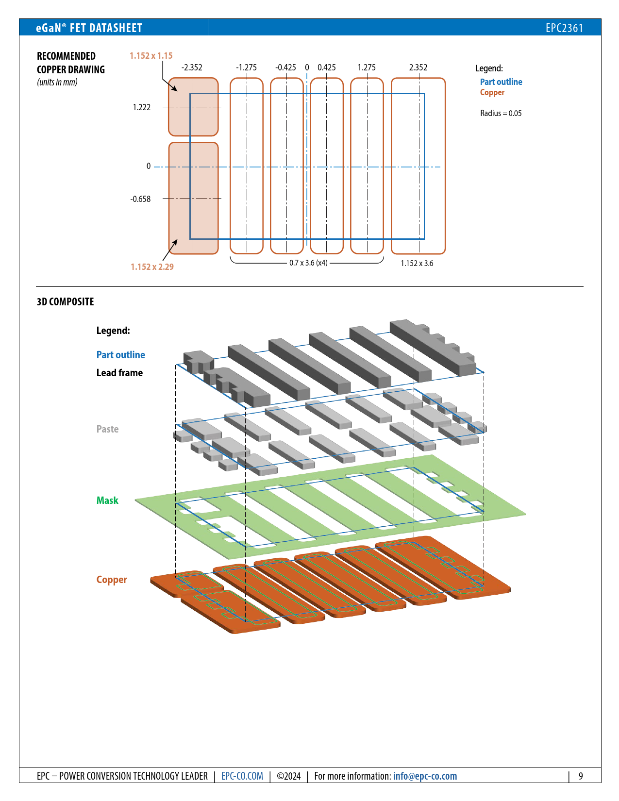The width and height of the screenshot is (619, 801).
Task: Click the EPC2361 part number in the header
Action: coord(564,28)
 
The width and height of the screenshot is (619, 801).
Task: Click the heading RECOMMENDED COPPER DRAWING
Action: coord(71,63)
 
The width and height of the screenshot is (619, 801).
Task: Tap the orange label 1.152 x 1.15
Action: coord(151,56)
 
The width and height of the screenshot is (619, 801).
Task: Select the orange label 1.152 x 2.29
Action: coord(152,267)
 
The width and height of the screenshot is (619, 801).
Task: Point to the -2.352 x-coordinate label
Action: coord(192,67)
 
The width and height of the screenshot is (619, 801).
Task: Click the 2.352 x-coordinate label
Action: coord(418,67)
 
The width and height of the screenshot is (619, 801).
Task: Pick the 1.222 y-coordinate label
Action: coord(142,107)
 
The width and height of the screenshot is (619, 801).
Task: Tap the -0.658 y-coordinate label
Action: coord(140,199)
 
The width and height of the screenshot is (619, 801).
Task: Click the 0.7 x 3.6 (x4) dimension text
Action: coord(308,263)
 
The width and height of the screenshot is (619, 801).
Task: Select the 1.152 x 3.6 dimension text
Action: coord(417,263)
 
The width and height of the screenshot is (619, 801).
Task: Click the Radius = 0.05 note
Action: coord(501,113)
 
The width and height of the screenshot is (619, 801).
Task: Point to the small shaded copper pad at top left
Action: coord(193,107)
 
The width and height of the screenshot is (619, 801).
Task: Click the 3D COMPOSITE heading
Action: coord(66,301)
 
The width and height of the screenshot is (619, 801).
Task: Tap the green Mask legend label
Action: coord(107,501)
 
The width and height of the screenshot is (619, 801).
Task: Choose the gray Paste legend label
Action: coord(107,429)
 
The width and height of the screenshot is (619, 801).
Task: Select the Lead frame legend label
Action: coord(119,373)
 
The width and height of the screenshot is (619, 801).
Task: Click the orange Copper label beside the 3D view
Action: coord(111,580)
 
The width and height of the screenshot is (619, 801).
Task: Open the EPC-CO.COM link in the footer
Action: coord(242,776)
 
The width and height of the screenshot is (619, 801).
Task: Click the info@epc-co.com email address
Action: coord(425,776)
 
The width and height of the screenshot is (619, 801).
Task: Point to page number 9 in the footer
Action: coord(581,776)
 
